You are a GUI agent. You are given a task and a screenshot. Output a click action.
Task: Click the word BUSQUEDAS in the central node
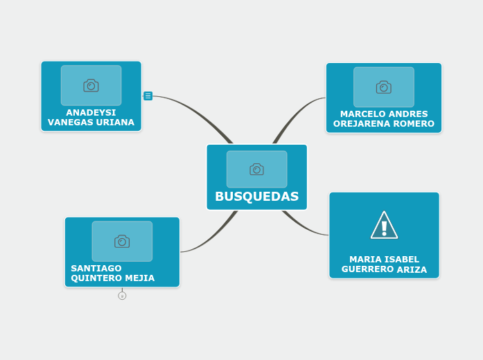[x=256, y=197]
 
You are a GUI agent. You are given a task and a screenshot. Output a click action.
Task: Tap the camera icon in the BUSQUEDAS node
[x=256, y=170]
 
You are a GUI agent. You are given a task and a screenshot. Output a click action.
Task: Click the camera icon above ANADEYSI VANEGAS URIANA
[x=91, y=85]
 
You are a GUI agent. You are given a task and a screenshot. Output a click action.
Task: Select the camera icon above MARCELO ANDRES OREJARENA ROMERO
[x=383, y=87]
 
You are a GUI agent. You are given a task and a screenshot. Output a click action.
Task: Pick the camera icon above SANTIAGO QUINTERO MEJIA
[x=122, y=241]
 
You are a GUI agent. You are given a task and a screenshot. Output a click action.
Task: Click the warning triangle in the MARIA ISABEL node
[x=384, y=226]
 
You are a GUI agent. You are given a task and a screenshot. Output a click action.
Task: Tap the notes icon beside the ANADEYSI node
[x=148, y=96]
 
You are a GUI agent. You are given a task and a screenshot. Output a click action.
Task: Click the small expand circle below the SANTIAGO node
[x=122, y=296]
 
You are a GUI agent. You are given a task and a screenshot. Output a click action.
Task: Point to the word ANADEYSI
[x=91, y=112]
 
